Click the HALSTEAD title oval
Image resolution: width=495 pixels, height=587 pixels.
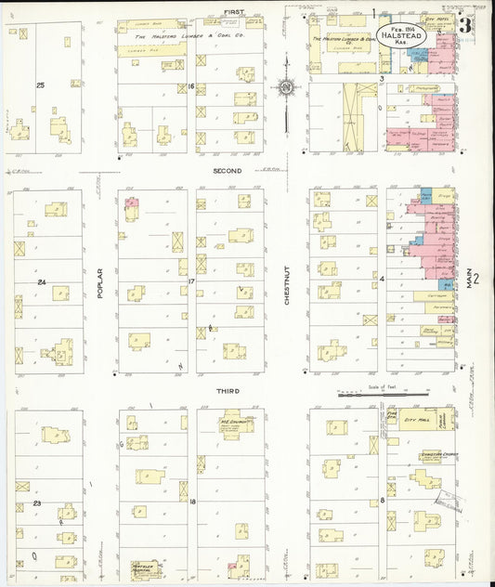(402, 36)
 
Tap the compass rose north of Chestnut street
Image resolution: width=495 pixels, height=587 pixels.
(286, 89)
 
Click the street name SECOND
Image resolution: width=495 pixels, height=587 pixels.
(227, 171)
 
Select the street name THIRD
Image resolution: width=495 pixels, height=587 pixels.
(228, 391)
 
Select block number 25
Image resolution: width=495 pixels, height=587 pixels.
(40, 85)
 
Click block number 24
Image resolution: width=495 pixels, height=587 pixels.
(41, 281)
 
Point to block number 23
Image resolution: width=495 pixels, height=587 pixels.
(37, 502)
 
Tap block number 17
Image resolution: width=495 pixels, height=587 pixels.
(190, 280)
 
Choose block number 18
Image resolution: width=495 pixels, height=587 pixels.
(191, 502)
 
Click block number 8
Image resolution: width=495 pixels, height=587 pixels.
(382, 502)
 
